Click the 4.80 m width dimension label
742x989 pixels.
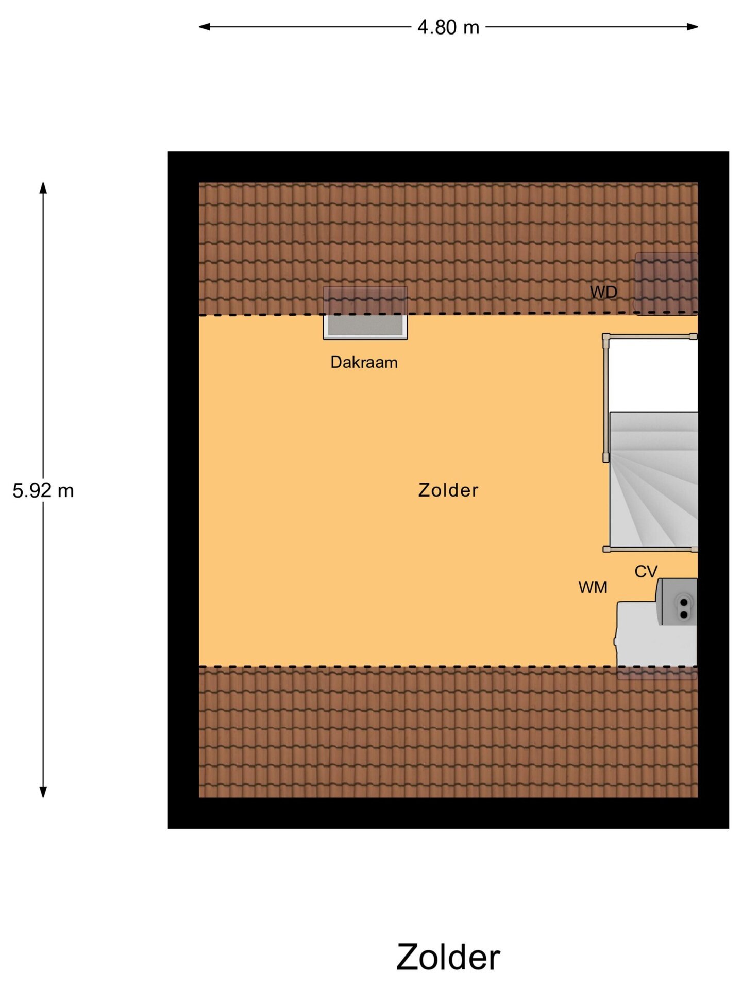tap(448, 27)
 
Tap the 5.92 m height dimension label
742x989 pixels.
tap(43, 490)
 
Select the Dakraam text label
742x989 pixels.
tap(364, 362)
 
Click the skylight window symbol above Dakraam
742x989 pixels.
tap(365, 313)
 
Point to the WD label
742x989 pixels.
tap(603, 292)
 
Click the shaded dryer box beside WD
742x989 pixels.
tap(666, 283)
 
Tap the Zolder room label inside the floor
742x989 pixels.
tap(448, 490)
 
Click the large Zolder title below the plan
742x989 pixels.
tap(448, 957)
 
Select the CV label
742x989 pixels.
tap(646, 571)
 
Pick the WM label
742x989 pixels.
tap(593, 587)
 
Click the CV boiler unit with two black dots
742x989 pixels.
tap(677, 602)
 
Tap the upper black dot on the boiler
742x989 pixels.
tap(684, 602)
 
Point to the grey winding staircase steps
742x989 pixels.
tap(653, 479)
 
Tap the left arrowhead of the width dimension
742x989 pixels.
tap(205, 27)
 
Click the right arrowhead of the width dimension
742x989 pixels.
tap(693, 27)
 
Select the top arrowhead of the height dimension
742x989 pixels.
tap(43, 188)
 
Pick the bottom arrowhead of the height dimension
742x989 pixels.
tap(43, 792)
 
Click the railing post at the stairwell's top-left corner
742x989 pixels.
tap(606, 337)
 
